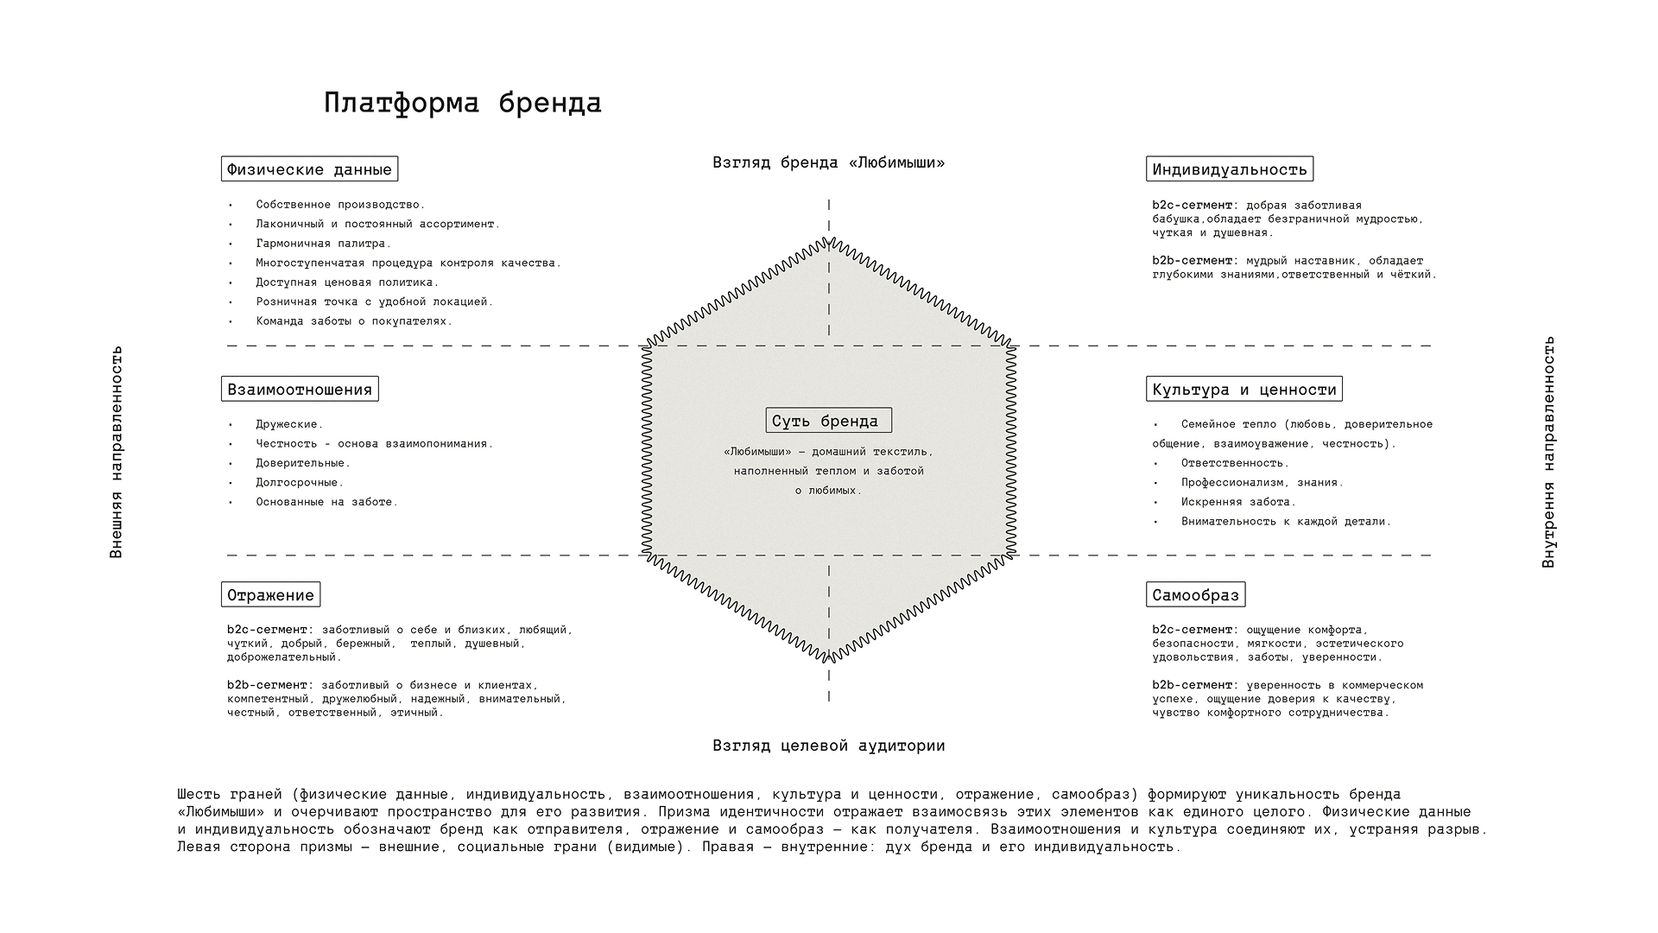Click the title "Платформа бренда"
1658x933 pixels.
463,103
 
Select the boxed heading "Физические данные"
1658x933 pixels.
309,169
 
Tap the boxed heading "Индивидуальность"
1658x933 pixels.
1230,169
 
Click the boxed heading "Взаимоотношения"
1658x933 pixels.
300,390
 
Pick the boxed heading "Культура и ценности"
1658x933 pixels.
1244,390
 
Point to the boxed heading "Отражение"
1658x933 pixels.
270,595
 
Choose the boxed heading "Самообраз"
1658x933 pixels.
1196,595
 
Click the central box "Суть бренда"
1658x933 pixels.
828,421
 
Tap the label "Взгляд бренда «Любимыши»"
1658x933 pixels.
828,162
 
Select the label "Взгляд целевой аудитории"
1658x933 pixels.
828,746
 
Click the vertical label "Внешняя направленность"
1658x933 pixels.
117,452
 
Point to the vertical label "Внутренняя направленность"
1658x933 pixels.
1549,452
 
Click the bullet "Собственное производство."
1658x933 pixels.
340,205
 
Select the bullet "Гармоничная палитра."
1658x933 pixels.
323,244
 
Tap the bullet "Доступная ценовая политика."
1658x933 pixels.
347,282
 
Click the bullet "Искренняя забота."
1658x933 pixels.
1238,502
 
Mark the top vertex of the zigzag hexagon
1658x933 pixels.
829,239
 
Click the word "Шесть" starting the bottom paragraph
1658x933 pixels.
199,795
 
